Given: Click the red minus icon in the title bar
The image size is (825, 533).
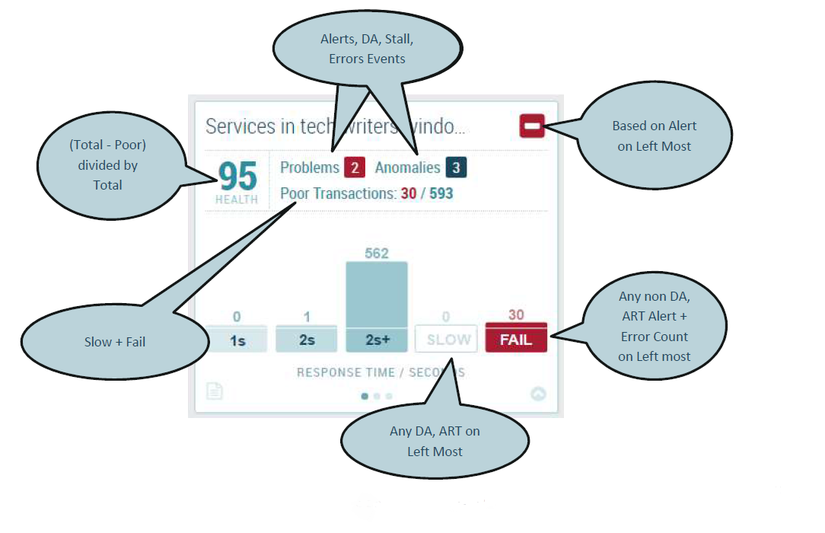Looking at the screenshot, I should tap(532, 126).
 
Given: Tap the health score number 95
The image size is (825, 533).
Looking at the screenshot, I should tap(238, 177).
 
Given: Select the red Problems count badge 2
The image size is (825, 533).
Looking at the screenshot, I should tap(355, 168).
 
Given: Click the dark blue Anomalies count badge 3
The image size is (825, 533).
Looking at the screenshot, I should tap(456, 168).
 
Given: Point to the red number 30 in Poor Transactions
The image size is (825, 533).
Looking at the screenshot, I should tap(409, 193).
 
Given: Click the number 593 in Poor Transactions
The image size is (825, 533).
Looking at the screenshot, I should tap(441, 193).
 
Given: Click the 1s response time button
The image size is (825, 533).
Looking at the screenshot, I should tap(237, 340).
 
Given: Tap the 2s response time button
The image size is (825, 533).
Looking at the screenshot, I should tap(307, 340).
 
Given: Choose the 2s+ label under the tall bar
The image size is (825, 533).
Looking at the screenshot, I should tap(377, 340).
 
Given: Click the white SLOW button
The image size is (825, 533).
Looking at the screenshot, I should tap(447, 340).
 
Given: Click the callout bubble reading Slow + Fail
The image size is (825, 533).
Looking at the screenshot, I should tap(114, 342).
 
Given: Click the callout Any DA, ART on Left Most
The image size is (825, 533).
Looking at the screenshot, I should tap(435, 441).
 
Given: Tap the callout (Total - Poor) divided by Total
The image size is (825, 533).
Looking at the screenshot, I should tap(107, 164).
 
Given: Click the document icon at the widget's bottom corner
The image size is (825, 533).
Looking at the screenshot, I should tap(215, 391).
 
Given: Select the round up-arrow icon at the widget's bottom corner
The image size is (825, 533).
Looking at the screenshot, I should tap(538, 394).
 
